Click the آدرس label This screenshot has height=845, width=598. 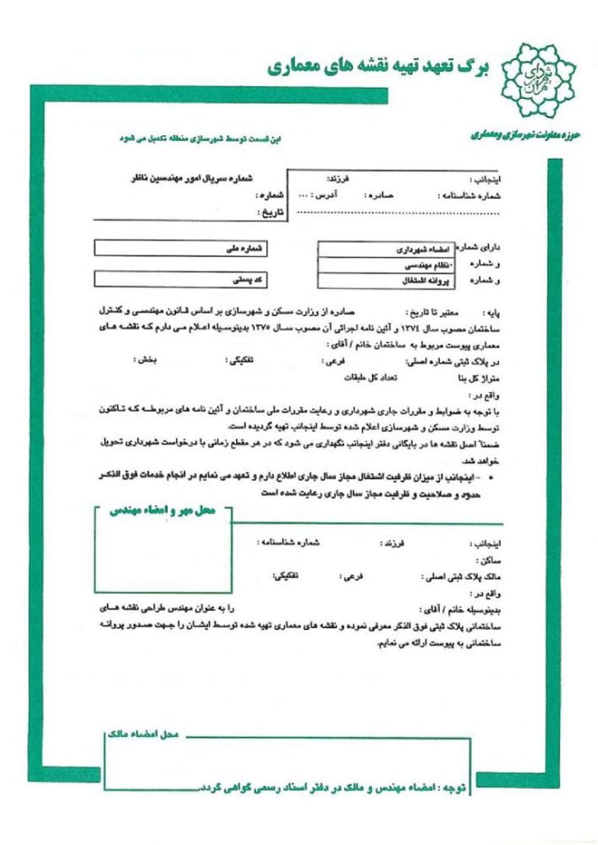click(x=326, y=194)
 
